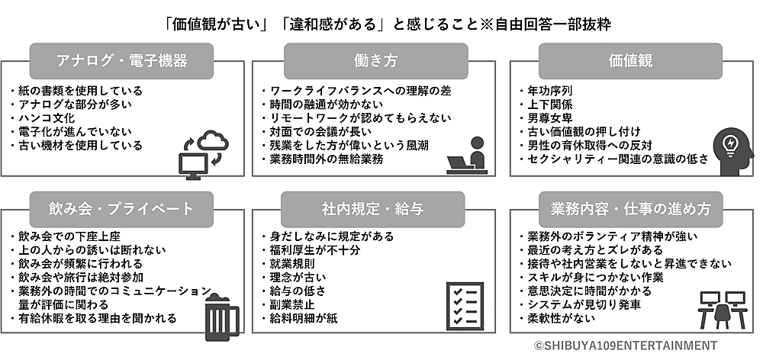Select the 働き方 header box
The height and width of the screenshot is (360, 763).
click(373, 59)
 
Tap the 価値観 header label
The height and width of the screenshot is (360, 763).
click(630, 59)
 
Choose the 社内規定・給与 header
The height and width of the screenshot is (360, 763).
click(373, 207)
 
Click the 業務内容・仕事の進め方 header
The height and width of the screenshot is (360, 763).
click(630, 207)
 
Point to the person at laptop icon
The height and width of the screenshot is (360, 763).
click(465, 153)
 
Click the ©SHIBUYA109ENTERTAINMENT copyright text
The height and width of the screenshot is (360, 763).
click(626, 345)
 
